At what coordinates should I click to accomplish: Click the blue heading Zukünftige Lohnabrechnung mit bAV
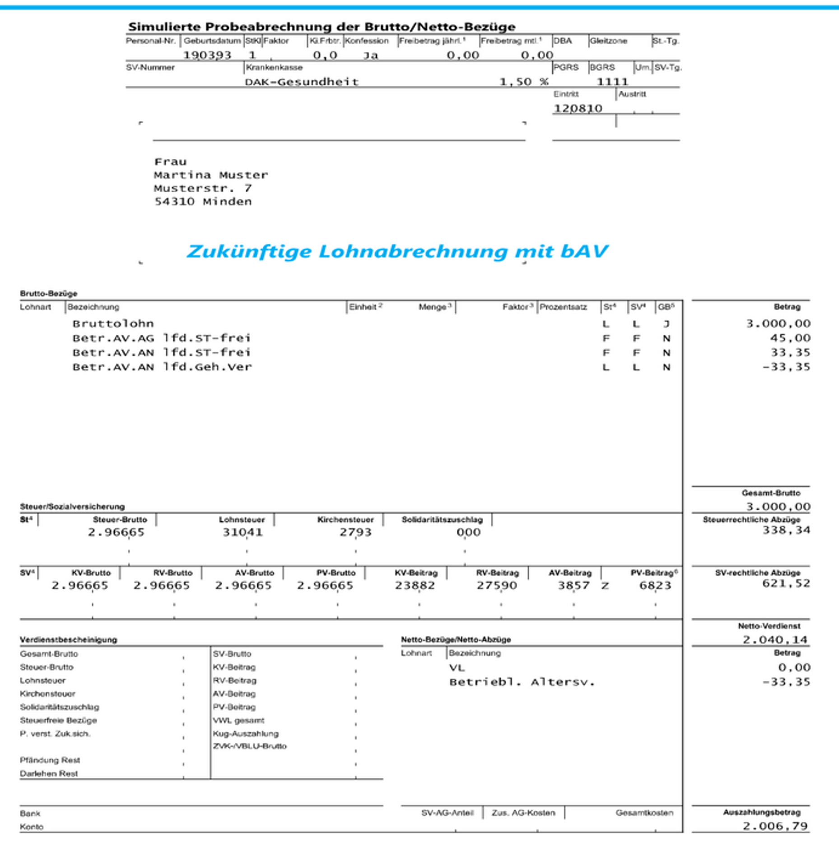[397, 251]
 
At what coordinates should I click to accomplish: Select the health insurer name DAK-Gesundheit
[301, 82]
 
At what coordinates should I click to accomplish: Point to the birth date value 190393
[207, 56]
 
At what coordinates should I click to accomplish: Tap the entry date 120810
[578, 109]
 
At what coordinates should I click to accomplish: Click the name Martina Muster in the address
[210, 175]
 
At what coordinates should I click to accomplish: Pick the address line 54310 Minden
[203, 202]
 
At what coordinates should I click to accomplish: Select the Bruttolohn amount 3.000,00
[778, 324]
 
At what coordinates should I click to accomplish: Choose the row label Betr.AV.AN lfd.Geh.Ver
[162, 367]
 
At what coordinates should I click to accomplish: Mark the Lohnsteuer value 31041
[242, 532]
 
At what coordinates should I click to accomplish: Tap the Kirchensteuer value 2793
[355, 532]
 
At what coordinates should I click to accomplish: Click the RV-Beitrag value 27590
[496, 586]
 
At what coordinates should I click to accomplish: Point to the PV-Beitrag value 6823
[655, 586]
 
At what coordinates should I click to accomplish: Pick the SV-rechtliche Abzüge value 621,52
[786, 583]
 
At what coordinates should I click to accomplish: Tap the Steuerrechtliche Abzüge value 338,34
[786, 530]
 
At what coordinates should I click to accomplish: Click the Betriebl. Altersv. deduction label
[522, 682]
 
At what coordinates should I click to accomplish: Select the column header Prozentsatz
[563, 307]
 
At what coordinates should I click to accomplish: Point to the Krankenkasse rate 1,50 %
[523, 82]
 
